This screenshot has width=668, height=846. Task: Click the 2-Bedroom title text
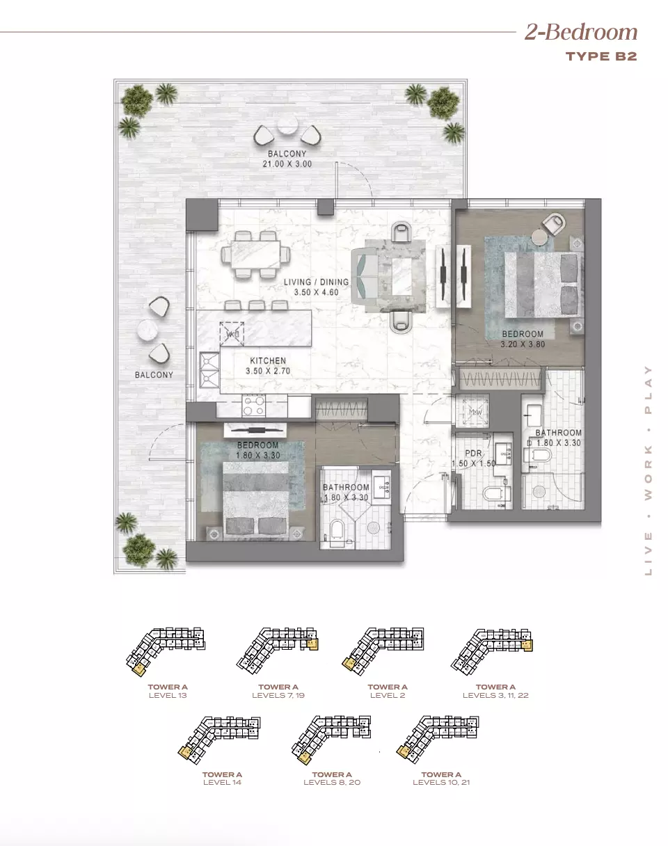[580, 32]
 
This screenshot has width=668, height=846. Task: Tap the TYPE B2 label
[601, 56]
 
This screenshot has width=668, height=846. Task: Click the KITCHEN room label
[268, 361]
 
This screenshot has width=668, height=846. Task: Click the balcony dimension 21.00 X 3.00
[286, 164]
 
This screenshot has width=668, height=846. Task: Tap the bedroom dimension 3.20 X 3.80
[522, 343]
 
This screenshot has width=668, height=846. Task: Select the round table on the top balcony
[287, 126]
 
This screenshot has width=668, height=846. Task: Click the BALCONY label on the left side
[154, 374]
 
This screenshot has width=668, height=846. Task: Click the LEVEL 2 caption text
[388, 695]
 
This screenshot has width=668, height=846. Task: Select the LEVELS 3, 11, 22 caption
[496, 695]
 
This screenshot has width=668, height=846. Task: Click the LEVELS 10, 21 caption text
[441, 783]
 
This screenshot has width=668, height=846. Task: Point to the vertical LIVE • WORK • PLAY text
[649, 470]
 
